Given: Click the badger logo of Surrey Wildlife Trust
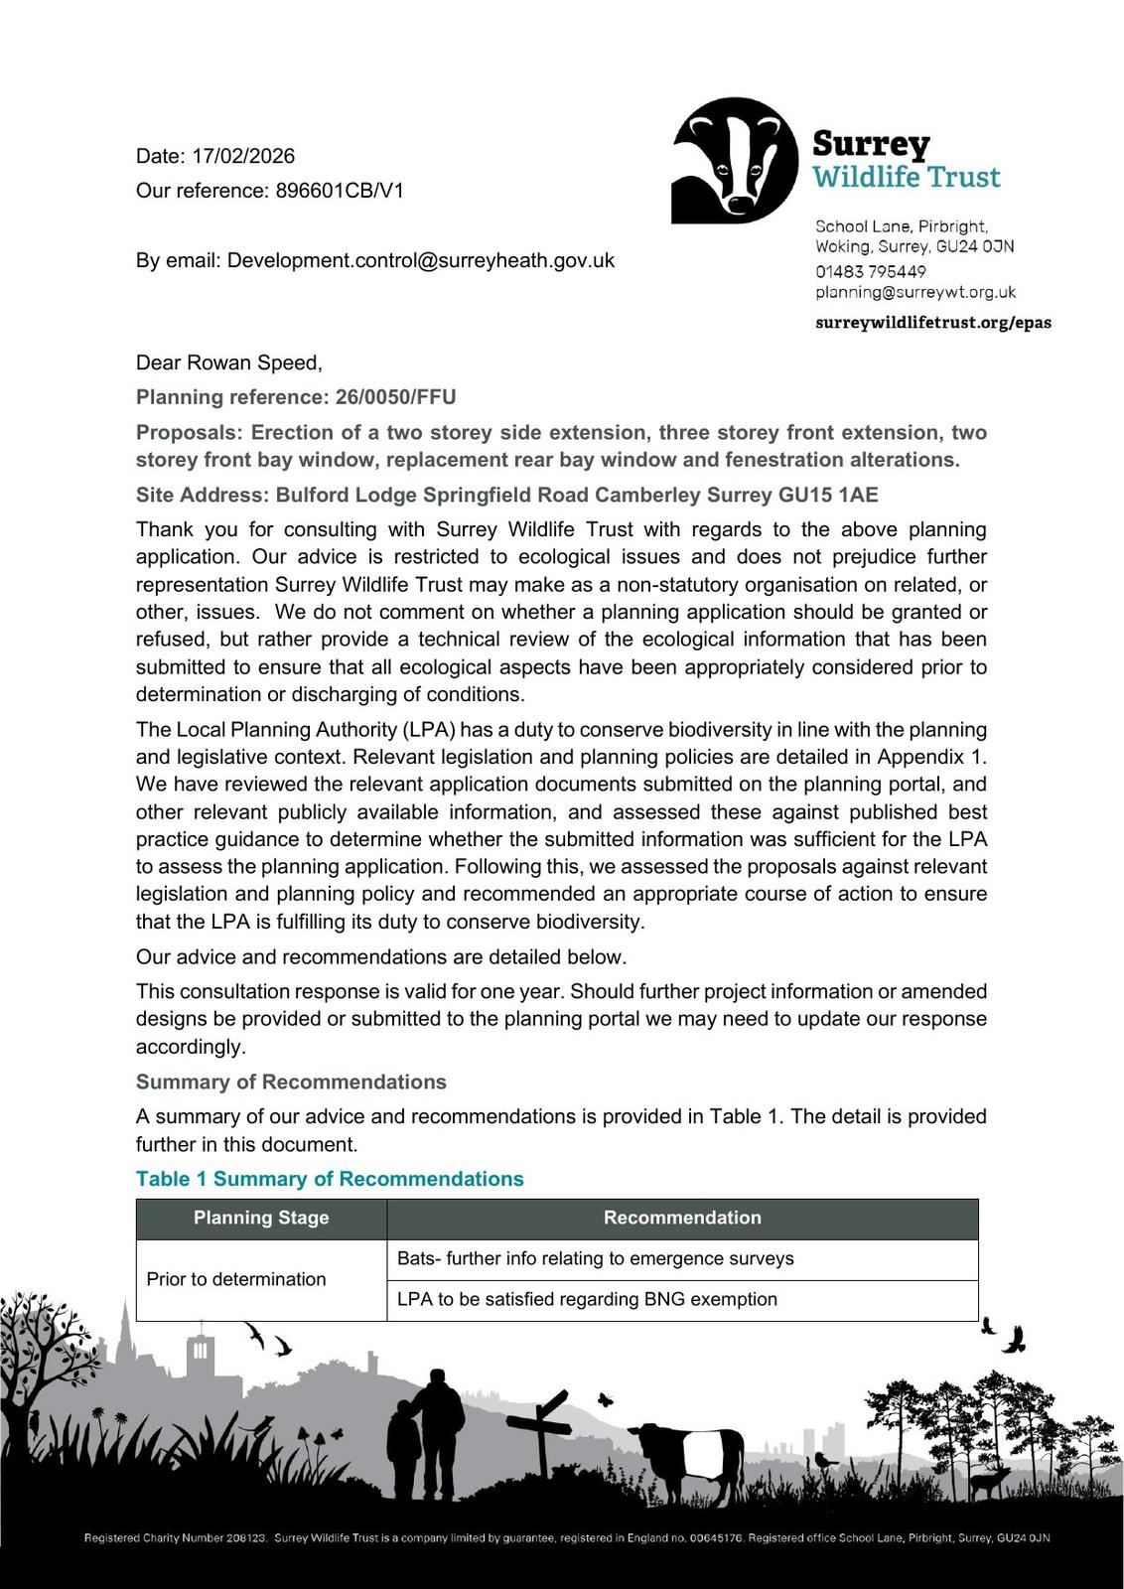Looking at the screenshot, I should point(735,159).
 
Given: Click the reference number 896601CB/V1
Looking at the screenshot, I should point(340,191).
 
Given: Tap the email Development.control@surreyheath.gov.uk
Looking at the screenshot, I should point(420,260).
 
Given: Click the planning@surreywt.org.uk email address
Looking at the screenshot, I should point(915,292).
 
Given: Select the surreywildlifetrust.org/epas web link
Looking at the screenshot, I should point(932,323).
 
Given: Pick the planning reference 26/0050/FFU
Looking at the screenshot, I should point(396,397).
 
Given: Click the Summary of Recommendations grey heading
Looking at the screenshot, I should point(291,1082).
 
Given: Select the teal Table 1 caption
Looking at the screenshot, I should point(330,1179).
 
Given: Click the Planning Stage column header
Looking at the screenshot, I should point(261,1218).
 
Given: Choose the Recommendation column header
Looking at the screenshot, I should point(682,1218).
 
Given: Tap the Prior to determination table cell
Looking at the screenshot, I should point(236,1279).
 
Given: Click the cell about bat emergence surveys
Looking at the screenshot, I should point(596,1258).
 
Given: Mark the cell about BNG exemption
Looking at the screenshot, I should point(587,1299).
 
